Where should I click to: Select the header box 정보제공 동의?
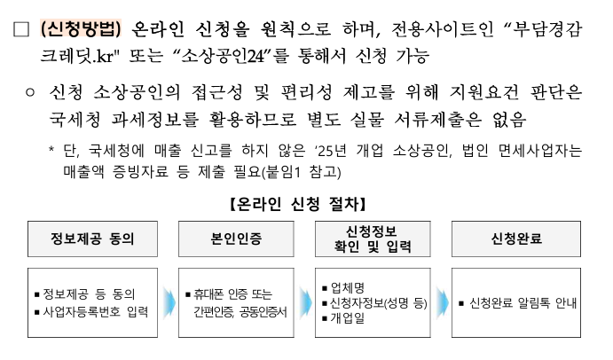point(85,239)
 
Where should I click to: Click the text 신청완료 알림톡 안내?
point(522,303)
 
